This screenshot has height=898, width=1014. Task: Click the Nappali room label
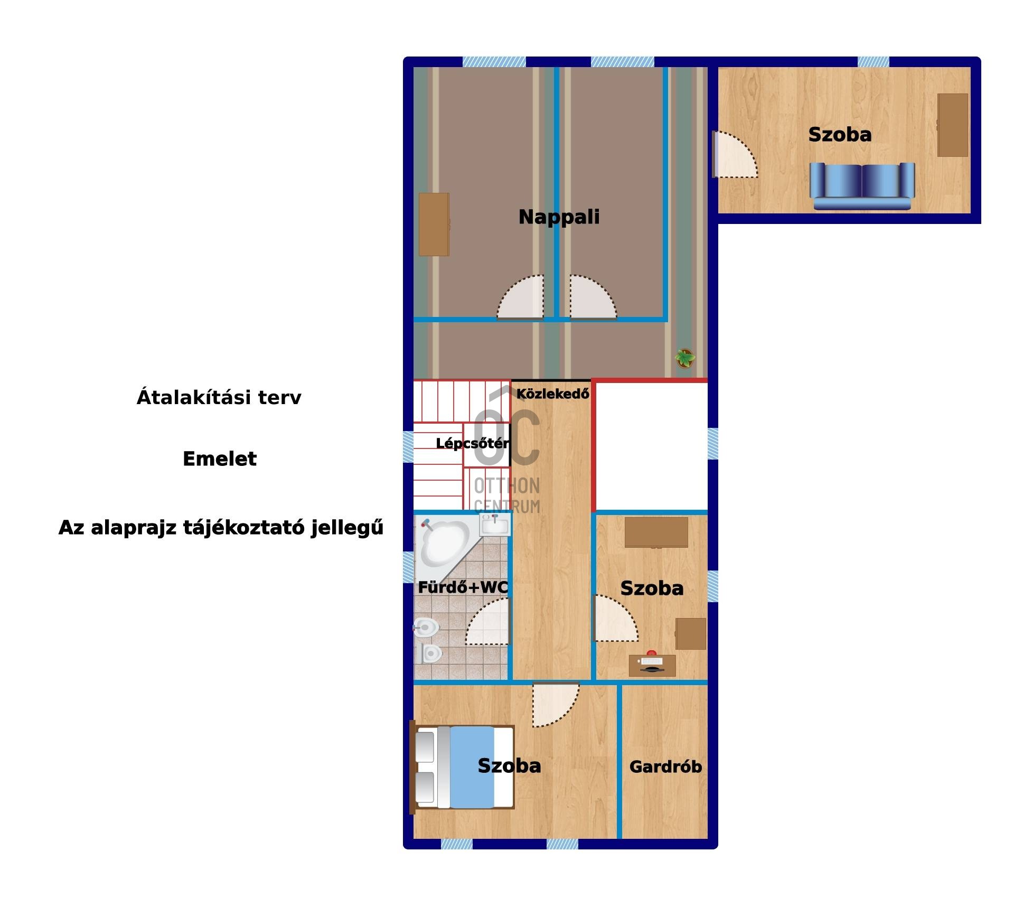pyautogui.click(x=559, y=217)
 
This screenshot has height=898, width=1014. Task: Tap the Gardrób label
pyautogui.click(x=665, y=766)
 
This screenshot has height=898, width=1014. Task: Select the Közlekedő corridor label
pyautogui.click(x=552, y=394)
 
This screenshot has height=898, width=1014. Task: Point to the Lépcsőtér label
pyautogui.click(x=473, y=443)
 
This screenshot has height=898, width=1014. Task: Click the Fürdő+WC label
pyautogui.click(x=463, y=587)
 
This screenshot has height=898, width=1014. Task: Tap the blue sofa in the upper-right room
pyautogui.click(x=862, y=186)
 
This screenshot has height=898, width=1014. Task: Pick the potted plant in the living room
pyautogui.click(x=685, y=358)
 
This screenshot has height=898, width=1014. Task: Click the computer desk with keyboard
pyautogui.click(x=652, y=665)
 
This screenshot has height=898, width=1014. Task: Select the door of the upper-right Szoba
pyautogui.click(x=735, y=154)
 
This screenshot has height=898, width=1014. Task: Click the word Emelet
pyautogui.click(x=220, y=459)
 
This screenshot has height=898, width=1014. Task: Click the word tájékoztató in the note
pyautogui.click(x=243, y=527)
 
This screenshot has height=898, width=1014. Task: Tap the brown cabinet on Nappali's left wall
pyautogui.click(x=434, y=224)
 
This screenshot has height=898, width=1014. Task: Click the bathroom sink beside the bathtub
pyautogui.click(x=495, y=525)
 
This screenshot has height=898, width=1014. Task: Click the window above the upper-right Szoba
pyautogui.click(x=873, y=62)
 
